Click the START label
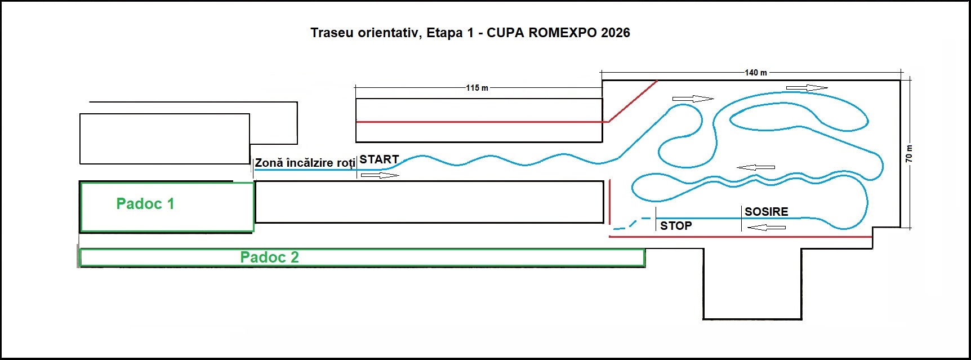tap(379, 159)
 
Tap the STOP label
tap(676, 226)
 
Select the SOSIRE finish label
tap(766, 212)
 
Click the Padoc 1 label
tap(145, 204)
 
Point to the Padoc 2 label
tap(269, 257)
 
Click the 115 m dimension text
tap(477, 88)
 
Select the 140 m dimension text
tap(756, 73)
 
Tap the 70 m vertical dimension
tap(908, 154)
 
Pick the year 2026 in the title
tap(615, 33)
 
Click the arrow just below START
tap(380, 176)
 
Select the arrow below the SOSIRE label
tap(766, 228)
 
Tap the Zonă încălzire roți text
tap(305, 163)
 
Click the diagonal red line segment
tap(633, 101)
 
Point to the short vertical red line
tap(610, 202)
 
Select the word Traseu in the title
tap(332, 33)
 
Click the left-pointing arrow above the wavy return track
tap(756, 167)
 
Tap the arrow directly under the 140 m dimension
tap(807, 88)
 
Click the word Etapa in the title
tap(444, 33)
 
